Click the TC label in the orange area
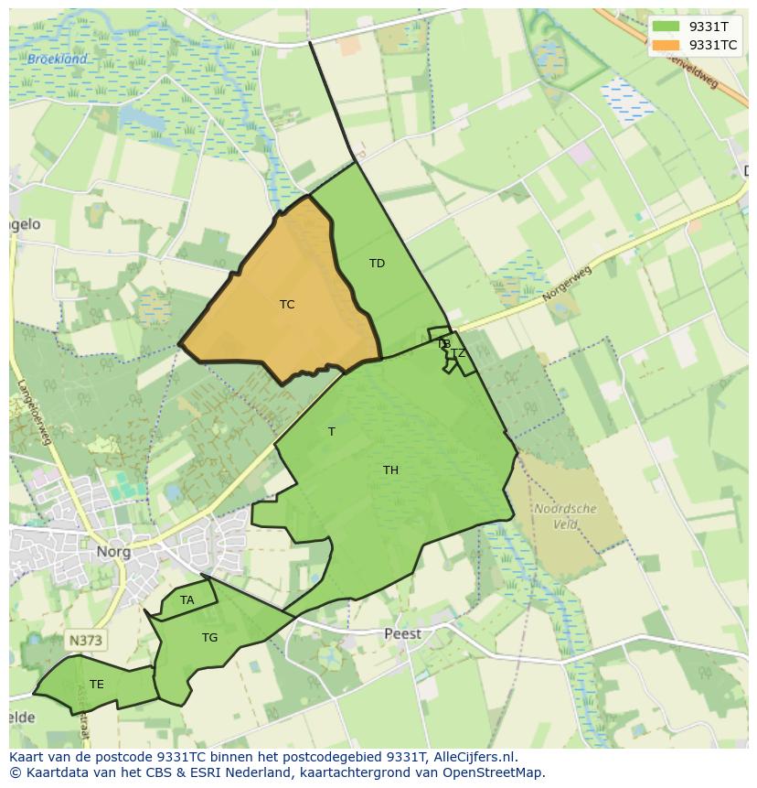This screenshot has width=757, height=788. coord(287,305)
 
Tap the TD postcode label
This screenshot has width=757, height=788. coord(377,264)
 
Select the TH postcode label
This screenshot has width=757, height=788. coord(390,470)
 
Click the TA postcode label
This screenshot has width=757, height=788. coord(187,600)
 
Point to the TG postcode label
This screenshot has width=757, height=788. coord(210,638)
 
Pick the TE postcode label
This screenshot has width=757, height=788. coord(97,685)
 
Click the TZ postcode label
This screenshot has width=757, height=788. coord(458,353)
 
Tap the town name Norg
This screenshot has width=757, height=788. coord(113,552)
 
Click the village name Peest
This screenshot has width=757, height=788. coord(402,633)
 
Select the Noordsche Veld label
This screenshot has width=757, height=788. coord(565,516)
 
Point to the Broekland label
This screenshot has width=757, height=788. coord(57,59)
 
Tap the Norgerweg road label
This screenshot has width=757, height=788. coord(567,285)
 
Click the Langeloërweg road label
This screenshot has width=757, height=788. coord(35,415)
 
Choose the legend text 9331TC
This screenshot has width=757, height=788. coord(713,44)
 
